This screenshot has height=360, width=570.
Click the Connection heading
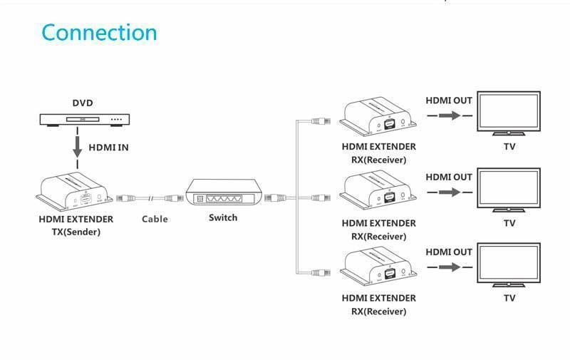99,32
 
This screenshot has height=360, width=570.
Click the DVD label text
82,103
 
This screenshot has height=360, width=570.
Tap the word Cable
155,219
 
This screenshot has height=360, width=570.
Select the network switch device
223,192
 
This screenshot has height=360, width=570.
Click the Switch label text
223,217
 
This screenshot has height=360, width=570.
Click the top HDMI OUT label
449,101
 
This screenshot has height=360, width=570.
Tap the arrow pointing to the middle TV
449,192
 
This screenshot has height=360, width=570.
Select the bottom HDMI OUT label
449,252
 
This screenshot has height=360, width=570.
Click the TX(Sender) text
76,232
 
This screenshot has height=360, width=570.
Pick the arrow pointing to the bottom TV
449,267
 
